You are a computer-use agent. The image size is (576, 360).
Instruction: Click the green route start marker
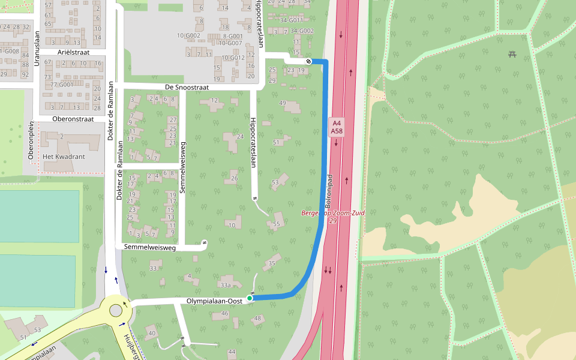[250, 298]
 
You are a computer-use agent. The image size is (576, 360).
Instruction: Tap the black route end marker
[308, 61]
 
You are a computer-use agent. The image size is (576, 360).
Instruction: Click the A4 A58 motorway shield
[336, 127]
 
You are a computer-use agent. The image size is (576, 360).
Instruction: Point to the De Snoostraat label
[187, 87]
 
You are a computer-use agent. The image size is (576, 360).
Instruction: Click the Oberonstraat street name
[73, 119]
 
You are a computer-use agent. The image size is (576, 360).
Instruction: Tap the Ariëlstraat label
[74, 52]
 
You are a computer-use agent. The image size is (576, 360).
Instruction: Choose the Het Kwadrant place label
[64, 157]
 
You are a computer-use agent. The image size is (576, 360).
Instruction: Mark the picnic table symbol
[512, 55]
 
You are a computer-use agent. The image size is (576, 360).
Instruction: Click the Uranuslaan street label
[37, 49]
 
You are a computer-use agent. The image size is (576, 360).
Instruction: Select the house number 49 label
[283, 103]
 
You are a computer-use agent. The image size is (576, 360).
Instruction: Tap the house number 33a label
[225, 285]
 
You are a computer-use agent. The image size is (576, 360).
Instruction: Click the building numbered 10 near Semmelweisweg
[232, 225]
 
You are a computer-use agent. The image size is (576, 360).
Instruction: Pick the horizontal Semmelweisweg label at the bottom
[150, 247]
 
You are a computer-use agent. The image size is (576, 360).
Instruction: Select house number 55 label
[277, 224]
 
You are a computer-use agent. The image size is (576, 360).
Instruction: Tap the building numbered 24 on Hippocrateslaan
[240, 137]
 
